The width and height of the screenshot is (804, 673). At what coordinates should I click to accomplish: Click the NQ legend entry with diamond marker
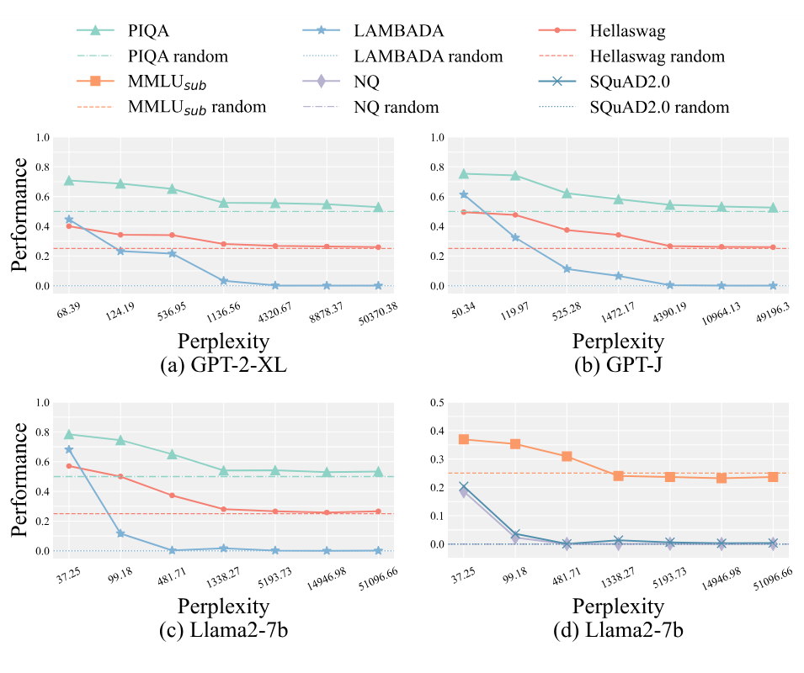pyautogui.click(x=366, y=82)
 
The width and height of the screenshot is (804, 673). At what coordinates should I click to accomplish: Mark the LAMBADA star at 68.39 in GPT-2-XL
pyautogui.click(x=69, y=220)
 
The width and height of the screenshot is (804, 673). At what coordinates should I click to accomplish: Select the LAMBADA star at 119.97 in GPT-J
pyautogui.click(x=516, y=238)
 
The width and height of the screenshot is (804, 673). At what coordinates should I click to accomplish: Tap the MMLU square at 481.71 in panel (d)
pyautogui.click(x=567, y=456)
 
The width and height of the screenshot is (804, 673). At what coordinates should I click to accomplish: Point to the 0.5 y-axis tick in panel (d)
pyautogui.click(x=439, y=402)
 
